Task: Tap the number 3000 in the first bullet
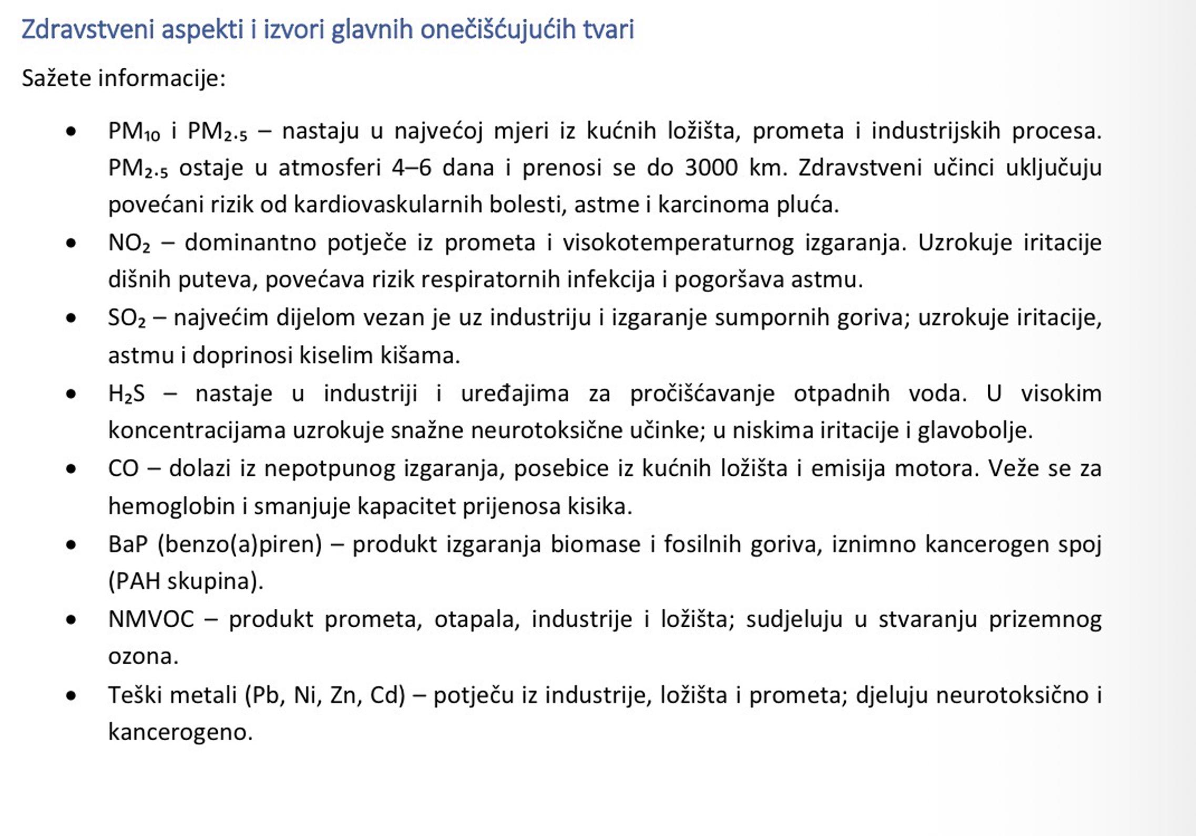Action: click(711, 168)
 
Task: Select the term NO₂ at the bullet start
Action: click(129, 243)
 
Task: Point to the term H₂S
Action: click(126, 394)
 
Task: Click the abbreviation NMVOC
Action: click(151, 619)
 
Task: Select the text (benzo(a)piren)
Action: click(239, 544)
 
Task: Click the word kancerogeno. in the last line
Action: click(180, 732)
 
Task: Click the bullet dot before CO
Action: click(71, 469)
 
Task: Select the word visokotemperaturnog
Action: click(678, 243)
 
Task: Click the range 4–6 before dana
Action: click(411, 168)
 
